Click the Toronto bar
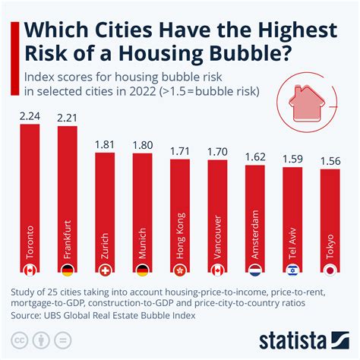click(30, 197)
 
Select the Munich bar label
click(143, 239)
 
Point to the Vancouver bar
click(217, 209)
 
